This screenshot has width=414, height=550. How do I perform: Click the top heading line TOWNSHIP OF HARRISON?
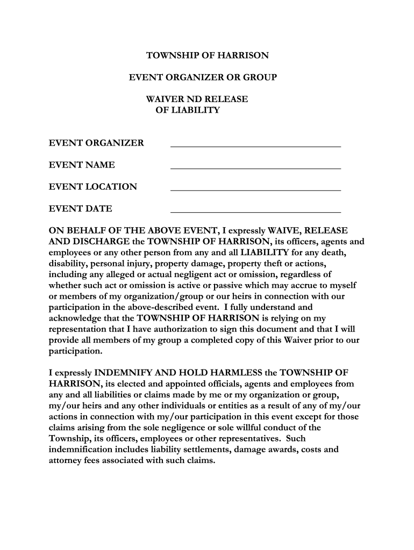[208, 55]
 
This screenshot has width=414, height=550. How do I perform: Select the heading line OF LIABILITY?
[188, 110]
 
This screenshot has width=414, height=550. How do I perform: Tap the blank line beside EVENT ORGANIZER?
[255, 146]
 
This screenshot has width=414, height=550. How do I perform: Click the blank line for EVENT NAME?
[255, 168]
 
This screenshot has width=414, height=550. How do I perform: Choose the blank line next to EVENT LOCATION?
[255, 190]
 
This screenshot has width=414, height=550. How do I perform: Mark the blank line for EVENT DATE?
[255, 212]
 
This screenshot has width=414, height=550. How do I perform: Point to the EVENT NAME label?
[82, 165]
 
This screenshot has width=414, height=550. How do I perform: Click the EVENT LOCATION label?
[93, 187]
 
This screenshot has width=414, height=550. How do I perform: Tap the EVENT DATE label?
[81, 209]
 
